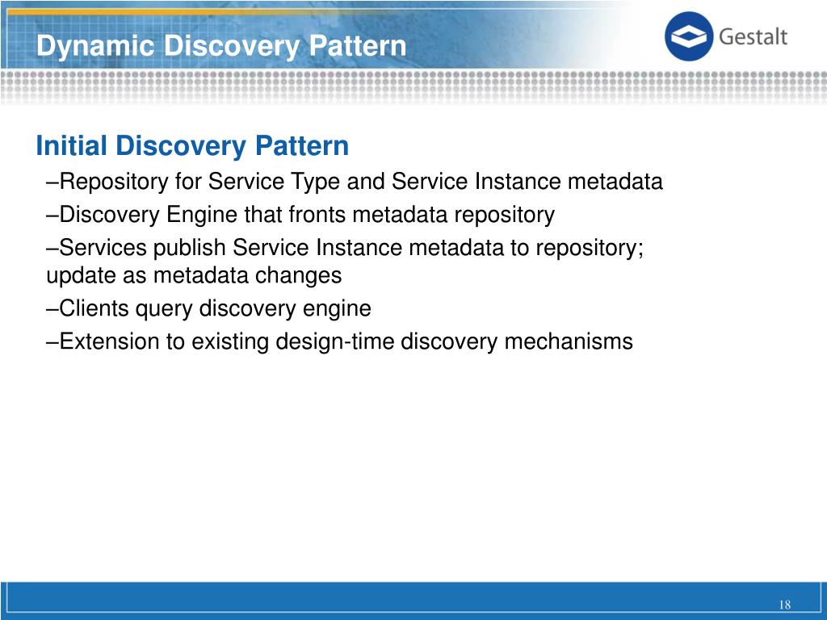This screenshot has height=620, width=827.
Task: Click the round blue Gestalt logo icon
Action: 689,37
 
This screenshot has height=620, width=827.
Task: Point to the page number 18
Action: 784,606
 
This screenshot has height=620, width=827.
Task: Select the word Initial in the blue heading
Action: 72,147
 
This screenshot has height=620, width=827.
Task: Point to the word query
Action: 169,309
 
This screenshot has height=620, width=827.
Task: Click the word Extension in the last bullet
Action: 110,341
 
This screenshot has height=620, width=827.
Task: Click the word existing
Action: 229,341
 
